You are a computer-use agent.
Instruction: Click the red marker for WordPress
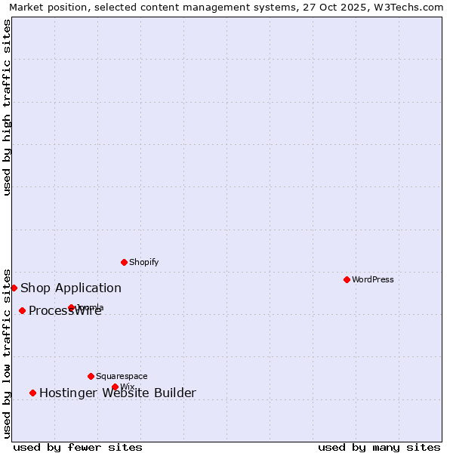point(347,279)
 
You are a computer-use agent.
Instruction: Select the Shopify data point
point(124,262)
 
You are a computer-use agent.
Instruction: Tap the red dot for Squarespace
point(91,376)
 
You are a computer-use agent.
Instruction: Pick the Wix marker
point(115,387)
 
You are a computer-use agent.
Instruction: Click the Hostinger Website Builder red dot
point(32,393)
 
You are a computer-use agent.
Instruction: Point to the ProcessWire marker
point(22,310)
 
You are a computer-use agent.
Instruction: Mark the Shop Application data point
point(14,288)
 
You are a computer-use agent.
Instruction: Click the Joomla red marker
point(71,307)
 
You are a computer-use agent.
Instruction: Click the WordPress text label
point(373,279)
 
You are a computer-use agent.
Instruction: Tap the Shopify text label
point(144,262)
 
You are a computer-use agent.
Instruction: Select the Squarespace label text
point(122,376)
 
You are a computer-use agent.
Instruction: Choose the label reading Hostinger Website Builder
point(118,393)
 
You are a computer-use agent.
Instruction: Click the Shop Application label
point(71,288)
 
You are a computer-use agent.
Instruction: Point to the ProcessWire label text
point(65,311)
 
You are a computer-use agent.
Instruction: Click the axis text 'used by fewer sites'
point(78,447)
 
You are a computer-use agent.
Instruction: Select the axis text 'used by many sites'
point(379,447)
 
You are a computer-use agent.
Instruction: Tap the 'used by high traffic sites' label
point(7,107)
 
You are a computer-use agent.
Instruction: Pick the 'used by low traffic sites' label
point(7,353)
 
